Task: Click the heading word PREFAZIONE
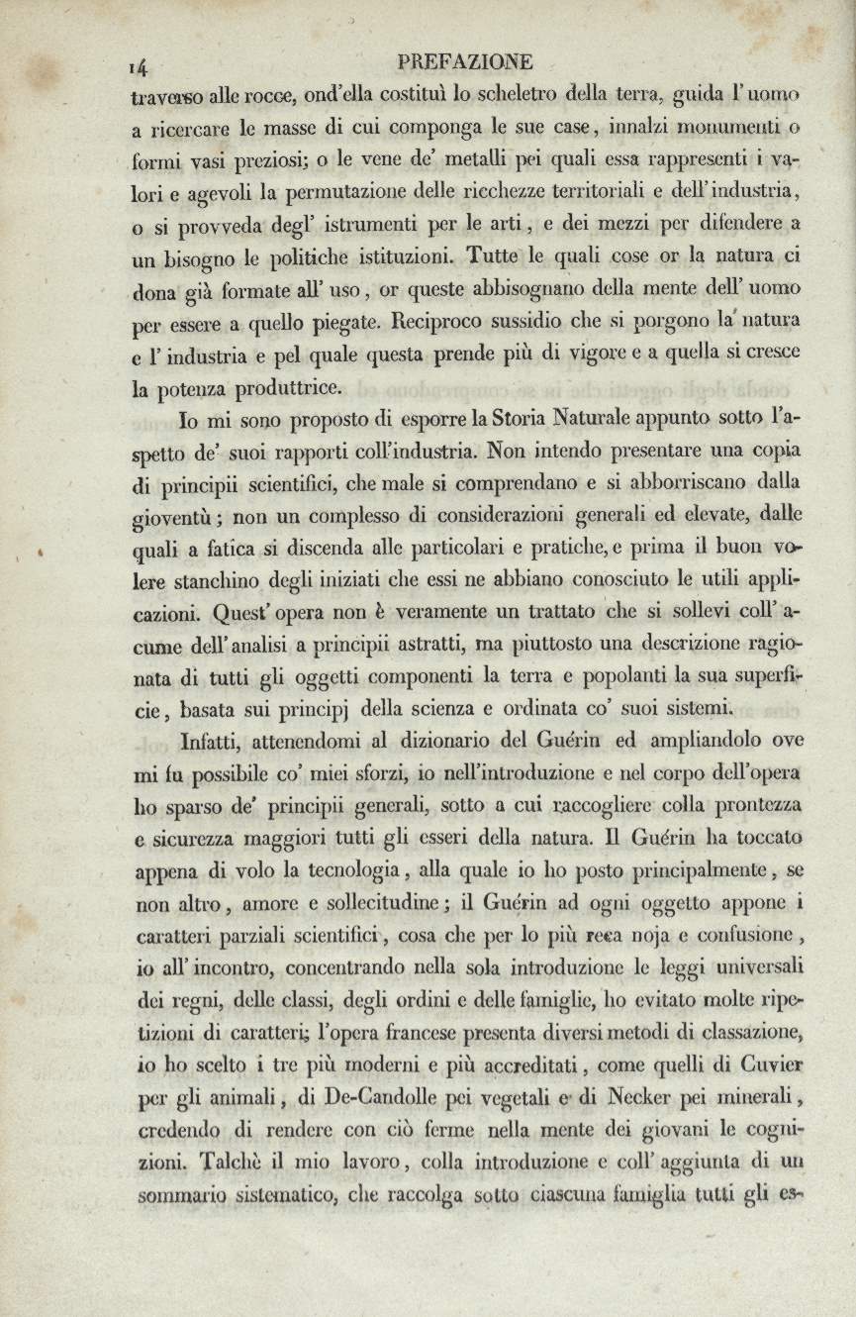pos(465,63)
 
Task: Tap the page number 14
pos(138,66)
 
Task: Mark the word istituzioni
pos(381,256)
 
